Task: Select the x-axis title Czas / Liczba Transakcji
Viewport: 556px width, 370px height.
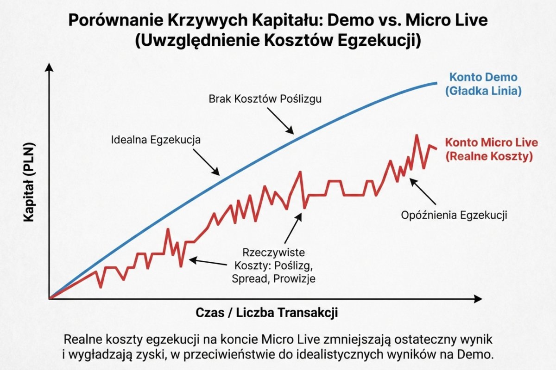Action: pyautogui.click(x=267, y=313)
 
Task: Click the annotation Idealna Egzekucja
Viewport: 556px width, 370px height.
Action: pyautogui.click(x=156, y=140)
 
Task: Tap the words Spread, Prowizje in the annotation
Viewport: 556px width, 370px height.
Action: pyautogui.click(x=275, y=278)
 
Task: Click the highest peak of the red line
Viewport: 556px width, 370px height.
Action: pyautogui.click(x=417, y=135)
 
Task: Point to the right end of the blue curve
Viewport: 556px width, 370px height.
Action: pyautogui.click(x=436, y=83)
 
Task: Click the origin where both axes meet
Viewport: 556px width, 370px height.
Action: pyautogui.click(x=49, y=299)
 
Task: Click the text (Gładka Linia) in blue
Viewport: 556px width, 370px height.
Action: pyautogui.click(x=484, y=91)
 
